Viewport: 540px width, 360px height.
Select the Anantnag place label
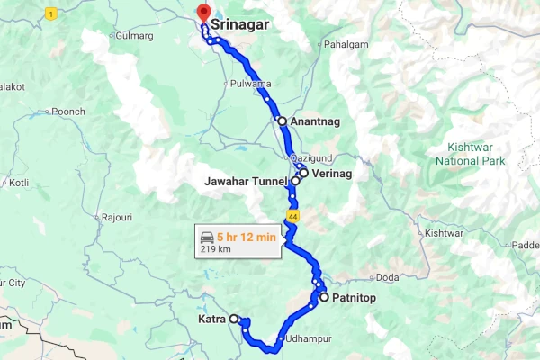[x=316, y=121]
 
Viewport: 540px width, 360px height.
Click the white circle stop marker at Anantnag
[x=282, y=121]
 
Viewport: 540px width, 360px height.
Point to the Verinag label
[x=331, y=173]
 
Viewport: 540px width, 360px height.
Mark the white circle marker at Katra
[x=234, y=319]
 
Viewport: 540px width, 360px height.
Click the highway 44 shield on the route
[x=292, y=216]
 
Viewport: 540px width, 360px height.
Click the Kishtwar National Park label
[x=470, y=153]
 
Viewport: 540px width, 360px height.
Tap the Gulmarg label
[x=135, y=35]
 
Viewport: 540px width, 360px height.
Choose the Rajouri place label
[x=117, y=217]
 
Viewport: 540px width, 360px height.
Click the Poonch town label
[x=67, y=111]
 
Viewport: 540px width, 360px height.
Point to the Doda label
[x=387, y=276]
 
